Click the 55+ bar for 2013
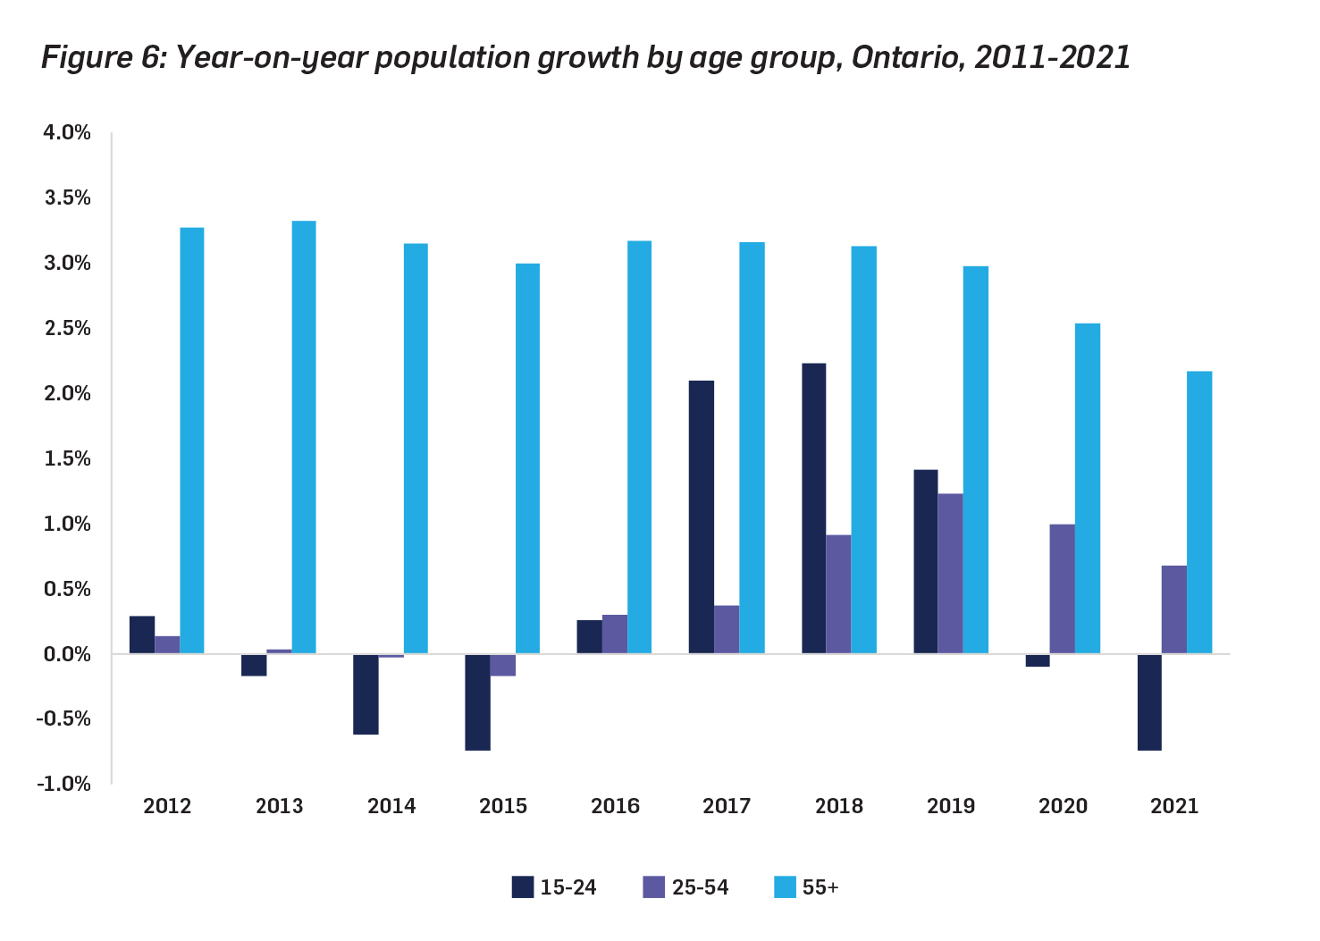[304, 437]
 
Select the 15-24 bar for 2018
[813, 508]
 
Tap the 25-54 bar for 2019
[950, 574]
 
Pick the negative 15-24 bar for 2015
[478, 702]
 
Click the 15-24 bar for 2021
[1149, 702]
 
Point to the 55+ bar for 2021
[1199, 512]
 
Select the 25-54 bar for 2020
[1062, 589]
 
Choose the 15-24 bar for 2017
[702, 517]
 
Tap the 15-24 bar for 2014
[366, 694]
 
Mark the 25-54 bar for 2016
[614, 634]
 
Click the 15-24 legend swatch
[522, 887]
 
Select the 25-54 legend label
[700, 887]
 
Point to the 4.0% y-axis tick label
[67, 132]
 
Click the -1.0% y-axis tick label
[63, 784]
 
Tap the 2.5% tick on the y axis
[67, 328]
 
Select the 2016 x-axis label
[615, 806]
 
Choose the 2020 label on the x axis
[1063, 806]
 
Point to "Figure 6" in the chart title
[100, 57]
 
